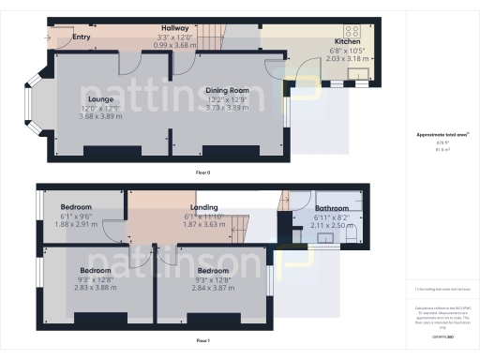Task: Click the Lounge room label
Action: pyautogui.click(x=100, y=98)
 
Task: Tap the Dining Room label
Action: pyautogui.click(x=226, y=90)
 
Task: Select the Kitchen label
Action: pyautogui.click(x=347, y=42)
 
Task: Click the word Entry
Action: pyautogui.click(x=82, y=38)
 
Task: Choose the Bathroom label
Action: pyautogui.click(x=331, y=208)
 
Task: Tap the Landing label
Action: pyautogui.click(x=203, y=207)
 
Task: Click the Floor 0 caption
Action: pyautogui.click(x=202, y=173)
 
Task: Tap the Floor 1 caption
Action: pyautogui.click(x=202, y=340)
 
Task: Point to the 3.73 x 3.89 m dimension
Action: pyautogui.click(x=226, y=108)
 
